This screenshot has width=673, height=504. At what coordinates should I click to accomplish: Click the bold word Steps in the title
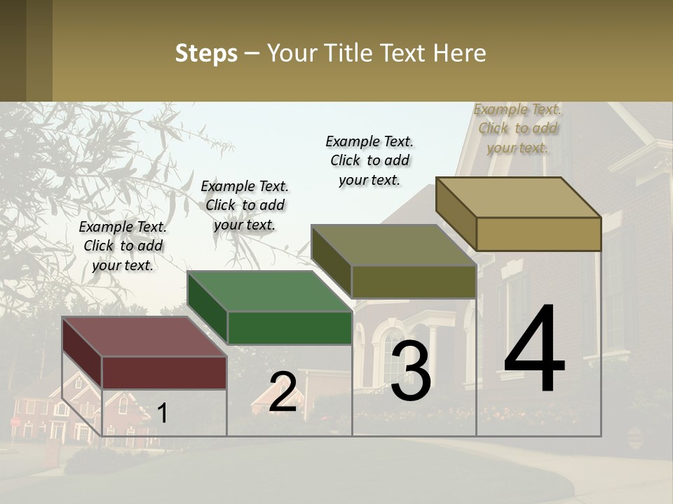coord(206,53)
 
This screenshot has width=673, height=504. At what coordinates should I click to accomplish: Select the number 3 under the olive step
coord(411,371)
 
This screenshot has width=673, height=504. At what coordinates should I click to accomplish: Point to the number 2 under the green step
coord(283,392)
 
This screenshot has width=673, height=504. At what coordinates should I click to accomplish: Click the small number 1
coord(163,413)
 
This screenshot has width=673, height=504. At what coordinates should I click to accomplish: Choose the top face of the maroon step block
coord(144,337)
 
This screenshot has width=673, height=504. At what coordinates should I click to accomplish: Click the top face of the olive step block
coord(393,245)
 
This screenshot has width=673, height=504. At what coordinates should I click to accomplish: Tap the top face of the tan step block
coord(518,197)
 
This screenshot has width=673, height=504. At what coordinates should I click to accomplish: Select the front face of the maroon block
coord(164,372)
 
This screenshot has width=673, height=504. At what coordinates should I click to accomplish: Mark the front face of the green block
coord(290,328)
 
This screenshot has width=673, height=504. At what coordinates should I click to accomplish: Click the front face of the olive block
coord(414,281)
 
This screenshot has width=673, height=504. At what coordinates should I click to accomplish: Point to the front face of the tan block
coord(538,234)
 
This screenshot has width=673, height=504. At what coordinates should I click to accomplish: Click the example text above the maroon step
coord(123,246)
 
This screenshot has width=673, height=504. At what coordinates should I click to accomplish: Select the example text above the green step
coord(245,205)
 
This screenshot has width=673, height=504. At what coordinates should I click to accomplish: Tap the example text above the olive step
coord(369,160)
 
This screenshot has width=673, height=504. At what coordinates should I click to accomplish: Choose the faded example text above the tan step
coord(517,128)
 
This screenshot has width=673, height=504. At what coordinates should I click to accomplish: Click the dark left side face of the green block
coord(208,308)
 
